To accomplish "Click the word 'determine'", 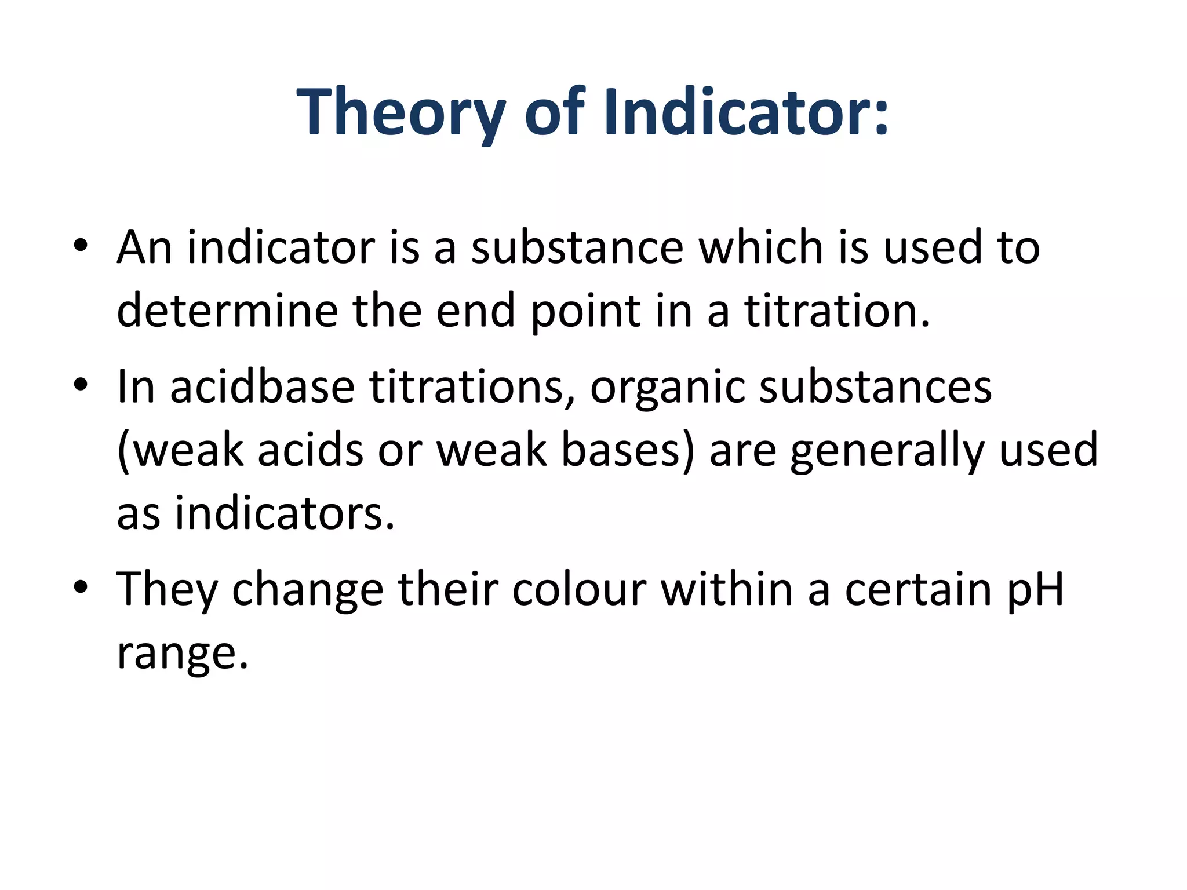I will point(227,311).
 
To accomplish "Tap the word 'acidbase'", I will point(262,386).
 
